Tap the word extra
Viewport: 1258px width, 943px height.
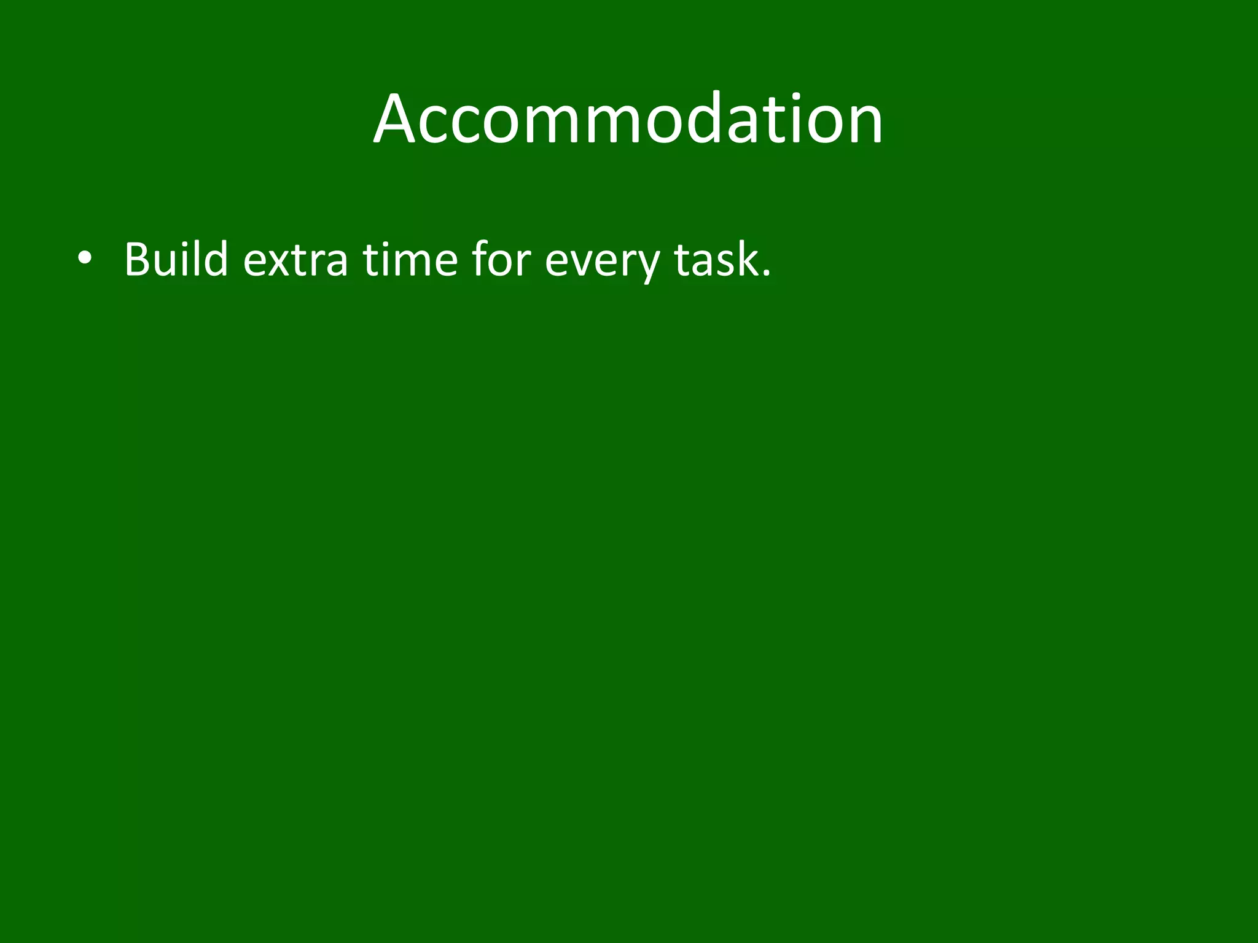[295, 261]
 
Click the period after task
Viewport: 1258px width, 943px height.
[765, 274]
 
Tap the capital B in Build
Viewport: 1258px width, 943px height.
[139, 259]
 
